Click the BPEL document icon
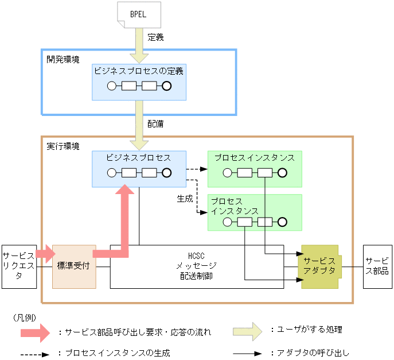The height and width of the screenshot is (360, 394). [138, 14]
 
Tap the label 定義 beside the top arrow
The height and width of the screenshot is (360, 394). [155, 38]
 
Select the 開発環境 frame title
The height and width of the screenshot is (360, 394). [63, 59]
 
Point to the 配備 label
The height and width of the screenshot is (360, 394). [155, 123]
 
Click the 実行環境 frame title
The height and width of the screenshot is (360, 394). [63, 146]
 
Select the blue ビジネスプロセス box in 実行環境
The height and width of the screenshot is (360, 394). [139, 168]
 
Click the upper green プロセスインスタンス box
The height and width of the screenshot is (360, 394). [255, 168]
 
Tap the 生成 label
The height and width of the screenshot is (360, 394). [185, 199]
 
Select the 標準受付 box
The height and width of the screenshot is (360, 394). [73, 266]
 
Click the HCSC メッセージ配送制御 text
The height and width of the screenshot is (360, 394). [196, 265]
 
